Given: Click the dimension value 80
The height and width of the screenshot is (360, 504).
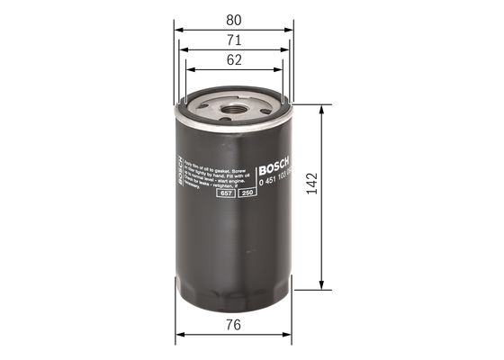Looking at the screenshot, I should (233, 17).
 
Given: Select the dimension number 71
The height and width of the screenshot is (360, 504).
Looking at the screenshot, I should (233, 40).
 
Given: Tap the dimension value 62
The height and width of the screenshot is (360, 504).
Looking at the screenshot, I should (233, 60).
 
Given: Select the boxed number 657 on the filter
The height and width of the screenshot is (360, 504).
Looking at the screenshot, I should (226, 208).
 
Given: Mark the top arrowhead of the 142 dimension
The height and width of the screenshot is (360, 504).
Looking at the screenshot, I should (321, 106).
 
